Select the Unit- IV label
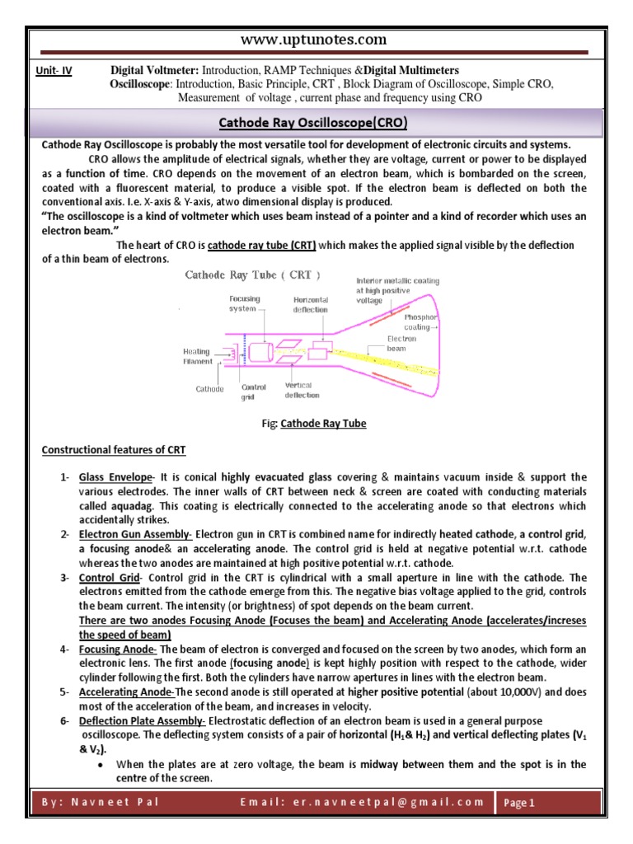click(54, 71)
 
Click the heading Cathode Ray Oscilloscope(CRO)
click(316, 124)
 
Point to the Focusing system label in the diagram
click(244, 303)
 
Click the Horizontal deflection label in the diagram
click(310, 304)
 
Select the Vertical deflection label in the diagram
click(302, 390)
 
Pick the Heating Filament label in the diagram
click(197, 356)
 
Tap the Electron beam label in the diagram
click(402, 344)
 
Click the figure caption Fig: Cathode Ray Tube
click(313, 424)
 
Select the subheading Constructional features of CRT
click(114, 450)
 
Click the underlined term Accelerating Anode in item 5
click(126, 692)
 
